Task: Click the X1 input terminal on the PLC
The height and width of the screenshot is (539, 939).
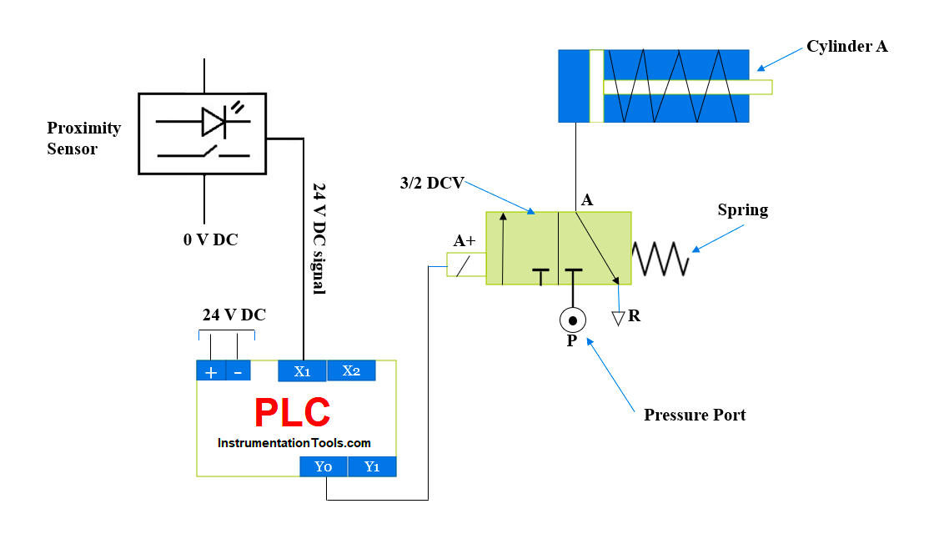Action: point(302,370)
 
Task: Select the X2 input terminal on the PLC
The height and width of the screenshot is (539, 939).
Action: point(351,370)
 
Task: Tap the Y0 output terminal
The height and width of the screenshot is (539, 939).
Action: point(324,466)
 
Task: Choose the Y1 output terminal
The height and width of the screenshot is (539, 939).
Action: point(372,466)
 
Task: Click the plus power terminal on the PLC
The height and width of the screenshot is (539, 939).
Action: point(210,372)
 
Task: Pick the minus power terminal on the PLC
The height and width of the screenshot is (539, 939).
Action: point(238,372)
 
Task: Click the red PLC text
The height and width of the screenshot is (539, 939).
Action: point(292,412)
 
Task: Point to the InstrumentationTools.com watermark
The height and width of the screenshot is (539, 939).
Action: point(294,443)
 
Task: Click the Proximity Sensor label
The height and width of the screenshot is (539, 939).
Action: point(83,139)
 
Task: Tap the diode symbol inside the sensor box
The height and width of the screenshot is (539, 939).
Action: point(213,122)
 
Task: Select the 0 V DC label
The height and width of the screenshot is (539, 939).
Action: point(210,239)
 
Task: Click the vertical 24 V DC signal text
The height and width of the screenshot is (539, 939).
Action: point(318,238)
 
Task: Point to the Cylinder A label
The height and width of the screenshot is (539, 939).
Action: point(846,47)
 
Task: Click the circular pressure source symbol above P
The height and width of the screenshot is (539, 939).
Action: point(572,320)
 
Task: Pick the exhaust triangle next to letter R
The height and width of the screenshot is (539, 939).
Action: point(618,318)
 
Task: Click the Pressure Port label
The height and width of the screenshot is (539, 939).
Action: point(695,415)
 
